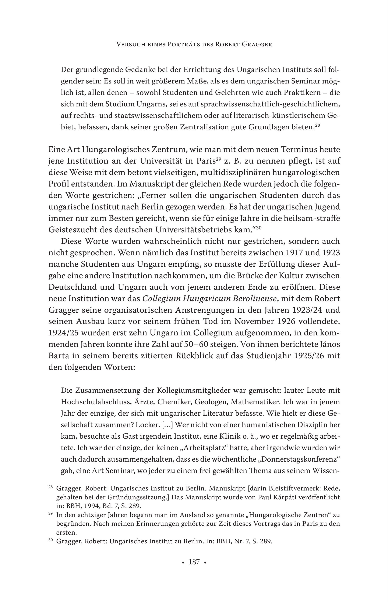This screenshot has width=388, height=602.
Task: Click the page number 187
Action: (194, 562)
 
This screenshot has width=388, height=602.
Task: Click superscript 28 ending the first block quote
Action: (317, 125)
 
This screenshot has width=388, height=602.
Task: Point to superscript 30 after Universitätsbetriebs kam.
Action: (259, 228)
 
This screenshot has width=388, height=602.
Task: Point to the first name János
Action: (328, 345)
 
